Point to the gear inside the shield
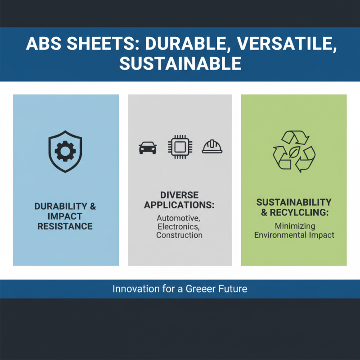click(x=65, y=151)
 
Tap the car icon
click(x=148, y=147)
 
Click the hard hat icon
click(x=212, y=147)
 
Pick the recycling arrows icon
click(x=294, y=152)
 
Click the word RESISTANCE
click(x=65, y=226)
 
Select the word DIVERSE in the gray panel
click(x=180, y=195)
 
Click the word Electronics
click(x=179, y=226)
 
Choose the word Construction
click(x=179, y=235)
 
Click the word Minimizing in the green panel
click(x=294, y=225)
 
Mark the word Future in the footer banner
click(x=232, y=288)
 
